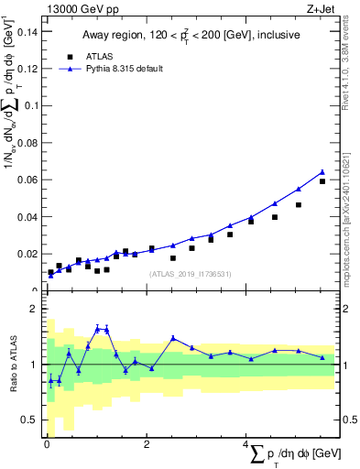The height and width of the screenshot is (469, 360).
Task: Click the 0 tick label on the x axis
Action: (47, 444)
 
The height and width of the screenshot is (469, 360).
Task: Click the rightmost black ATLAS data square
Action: (322, 181)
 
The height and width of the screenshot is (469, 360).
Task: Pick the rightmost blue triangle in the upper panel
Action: (322, 171)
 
